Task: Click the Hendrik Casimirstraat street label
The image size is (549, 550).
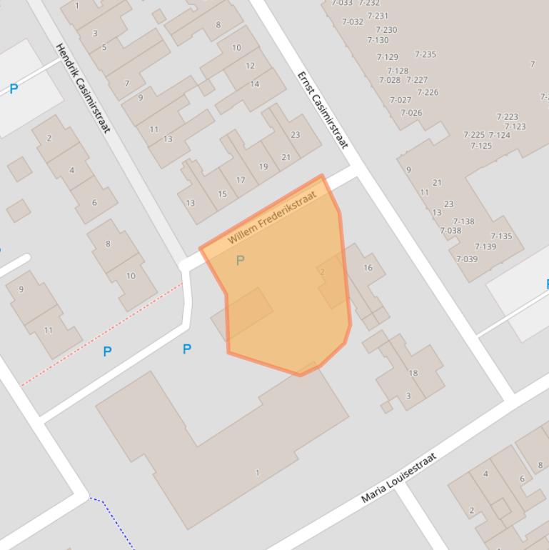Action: click(83, 88)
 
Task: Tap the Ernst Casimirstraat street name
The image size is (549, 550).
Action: click(323, 110)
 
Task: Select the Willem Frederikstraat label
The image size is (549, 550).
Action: click(272, 216)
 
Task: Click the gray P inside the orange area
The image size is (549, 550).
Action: click(240, 261)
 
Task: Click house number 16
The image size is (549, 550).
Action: click(368, 268)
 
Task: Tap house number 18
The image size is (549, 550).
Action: click(413, 373)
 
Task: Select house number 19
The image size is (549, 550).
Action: click(263, 166)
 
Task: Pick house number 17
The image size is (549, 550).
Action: click(241, 180)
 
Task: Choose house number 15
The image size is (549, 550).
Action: click(222, 194)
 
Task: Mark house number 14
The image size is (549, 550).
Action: click(255, 84)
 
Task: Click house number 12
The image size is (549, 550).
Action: click(250, 66)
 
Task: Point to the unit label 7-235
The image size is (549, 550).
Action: click(425, 54)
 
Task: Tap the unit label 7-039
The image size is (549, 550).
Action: click(467, 259)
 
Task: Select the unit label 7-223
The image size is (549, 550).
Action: click(508, 116)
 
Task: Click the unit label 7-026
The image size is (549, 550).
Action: click(411, 113)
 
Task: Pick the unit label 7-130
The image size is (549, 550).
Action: click(378, 40)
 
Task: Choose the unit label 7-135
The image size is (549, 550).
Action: click(501, 236)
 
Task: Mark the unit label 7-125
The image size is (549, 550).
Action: click(481, 146)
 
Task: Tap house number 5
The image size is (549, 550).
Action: click(104, 48)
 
